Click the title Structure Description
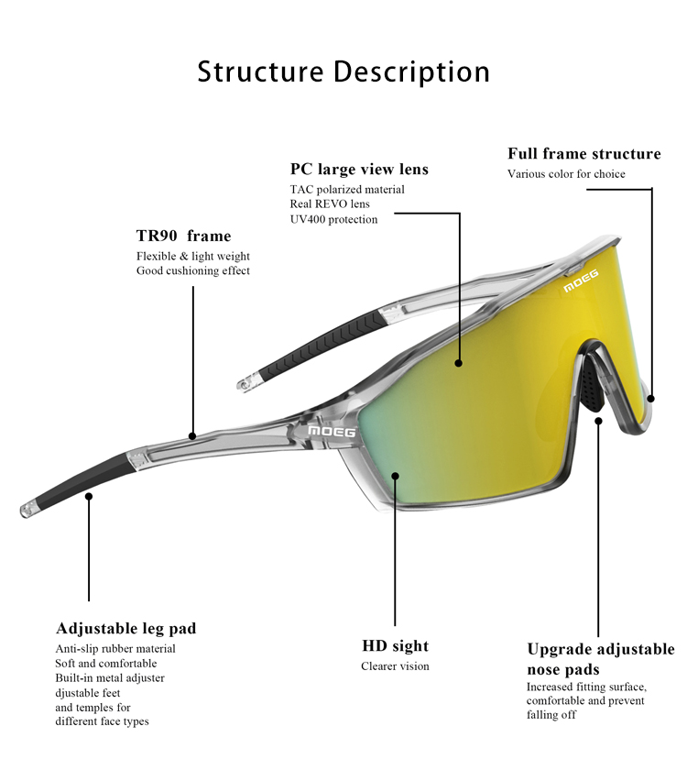pos(343,71)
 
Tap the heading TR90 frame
pos(184,236)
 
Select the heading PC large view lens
pos(359,170)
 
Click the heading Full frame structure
pos(584,154)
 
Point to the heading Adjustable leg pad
pos(126,629)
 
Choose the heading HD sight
pos(396,646)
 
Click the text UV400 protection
pos(333,219)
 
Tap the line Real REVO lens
pos(330,204)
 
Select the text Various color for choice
pos(567,174)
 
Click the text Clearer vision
pos(395,666)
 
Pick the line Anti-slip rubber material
pos(115,649)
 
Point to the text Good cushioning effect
pos(193,271)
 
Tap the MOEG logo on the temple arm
pos(328,431)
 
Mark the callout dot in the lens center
pos(458,362)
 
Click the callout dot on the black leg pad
pos(89,496)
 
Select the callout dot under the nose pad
pos(598,421)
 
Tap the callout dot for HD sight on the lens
pos(396,475)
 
